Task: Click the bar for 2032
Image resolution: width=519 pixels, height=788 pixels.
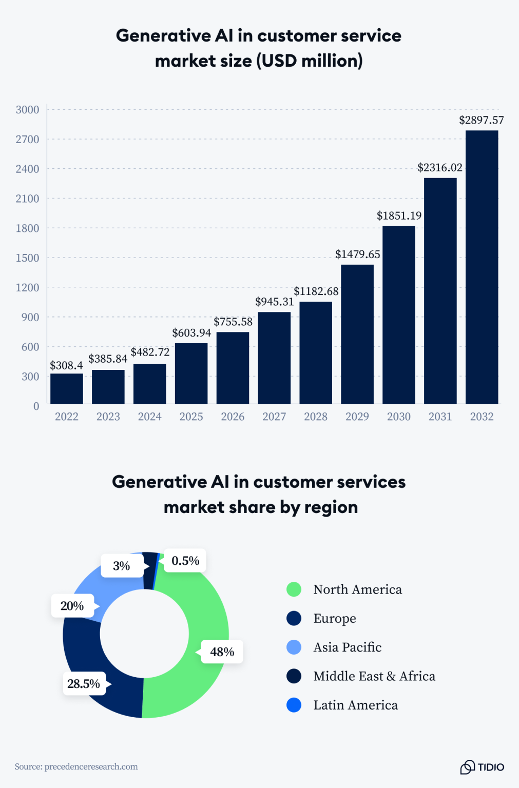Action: tap(482, 267)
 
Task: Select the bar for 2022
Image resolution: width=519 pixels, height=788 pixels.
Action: tap(67, 388)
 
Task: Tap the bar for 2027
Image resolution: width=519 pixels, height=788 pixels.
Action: tap(274, 358)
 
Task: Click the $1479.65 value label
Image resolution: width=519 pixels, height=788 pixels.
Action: tap(357, 254)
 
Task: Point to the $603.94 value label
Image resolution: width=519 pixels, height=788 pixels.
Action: tap(191, 333)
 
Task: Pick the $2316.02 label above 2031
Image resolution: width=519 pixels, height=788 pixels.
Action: tap(439, 168)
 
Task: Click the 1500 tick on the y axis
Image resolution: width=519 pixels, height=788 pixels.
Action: tap(28, 258)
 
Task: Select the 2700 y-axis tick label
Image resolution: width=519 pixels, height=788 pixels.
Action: tap(28, 140)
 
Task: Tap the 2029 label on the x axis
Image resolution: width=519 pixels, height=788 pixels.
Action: tap(357, 417)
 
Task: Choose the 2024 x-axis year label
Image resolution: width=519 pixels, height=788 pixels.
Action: tap(150, 417)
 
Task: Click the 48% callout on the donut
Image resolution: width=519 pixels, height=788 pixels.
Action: tap(222, 652)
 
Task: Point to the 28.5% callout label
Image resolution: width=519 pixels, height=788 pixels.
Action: tap(84, 684)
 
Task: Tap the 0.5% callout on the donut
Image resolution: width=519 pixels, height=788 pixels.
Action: tap(185, 561)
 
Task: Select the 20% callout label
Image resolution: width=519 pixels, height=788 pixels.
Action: tap(72, 606)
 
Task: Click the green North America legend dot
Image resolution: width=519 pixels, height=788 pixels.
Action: tap(294, 589)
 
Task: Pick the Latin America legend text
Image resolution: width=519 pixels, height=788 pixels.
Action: tap(355, 705)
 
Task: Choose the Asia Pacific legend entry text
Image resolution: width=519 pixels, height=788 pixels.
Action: tap(348, 647)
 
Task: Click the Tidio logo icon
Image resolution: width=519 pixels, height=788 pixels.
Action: tap(467, 767)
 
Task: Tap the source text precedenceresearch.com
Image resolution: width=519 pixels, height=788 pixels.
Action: tap(91, 766)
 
